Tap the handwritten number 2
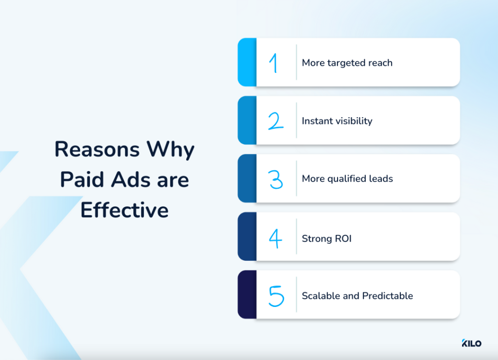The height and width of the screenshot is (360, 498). [x=276, y=121]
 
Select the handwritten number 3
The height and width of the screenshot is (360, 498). [x=276, y=179]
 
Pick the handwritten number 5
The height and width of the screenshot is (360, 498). [x=276, y=295]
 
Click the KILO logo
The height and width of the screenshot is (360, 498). [x=471, y=343]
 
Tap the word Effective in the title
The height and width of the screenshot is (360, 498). [x=124, y=210]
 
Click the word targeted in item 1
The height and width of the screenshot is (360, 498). [x=345, y=63]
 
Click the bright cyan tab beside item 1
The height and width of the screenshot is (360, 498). [x=247, y=62]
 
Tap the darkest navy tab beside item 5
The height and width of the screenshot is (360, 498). [x=247, y=295]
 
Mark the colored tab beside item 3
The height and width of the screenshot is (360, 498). [x=247, y=179]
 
